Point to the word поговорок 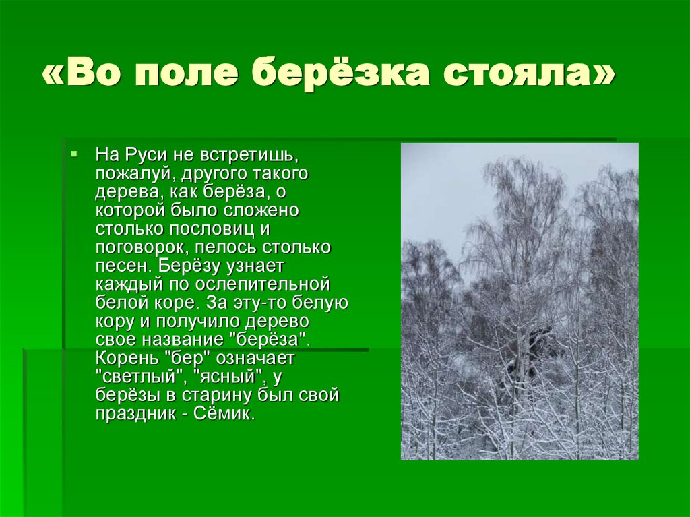[141, 247]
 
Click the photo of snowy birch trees [520, 301]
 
